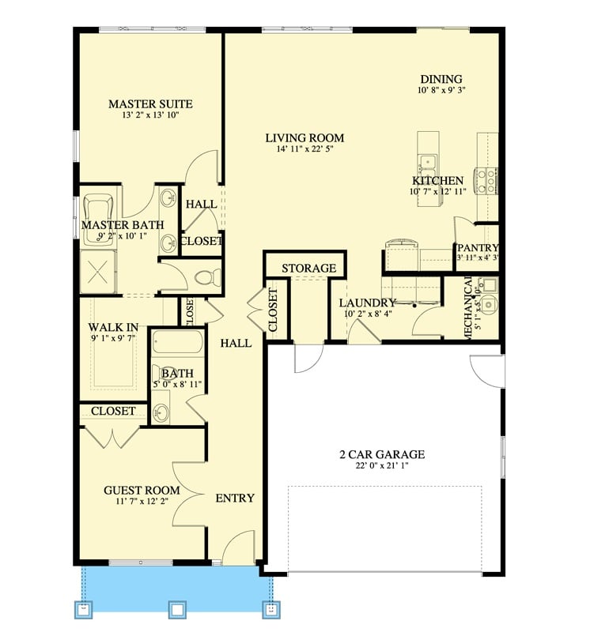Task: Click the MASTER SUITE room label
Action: (150, 103)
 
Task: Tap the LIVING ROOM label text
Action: (304, 137)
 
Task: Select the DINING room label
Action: (441, 79)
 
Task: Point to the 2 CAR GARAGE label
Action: (383, 454)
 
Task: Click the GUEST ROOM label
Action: (142, 490)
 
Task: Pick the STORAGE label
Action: (309, 269)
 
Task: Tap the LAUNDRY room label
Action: (367, 303)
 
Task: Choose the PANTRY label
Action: (478, 248)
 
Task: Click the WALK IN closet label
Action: (114, 326)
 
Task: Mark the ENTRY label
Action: (235, 498)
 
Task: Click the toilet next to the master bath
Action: (207, 277)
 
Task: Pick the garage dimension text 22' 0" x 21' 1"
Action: (383, 467)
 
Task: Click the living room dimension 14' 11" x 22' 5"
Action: (304, 150)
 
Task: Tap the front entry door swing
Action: (237, 547)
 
